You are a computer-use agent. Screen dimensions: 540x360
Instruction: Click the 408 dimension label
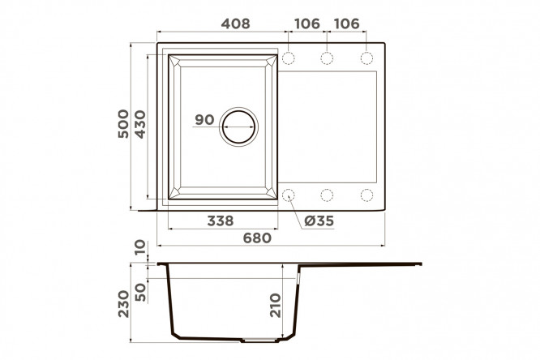(x=236, y=24)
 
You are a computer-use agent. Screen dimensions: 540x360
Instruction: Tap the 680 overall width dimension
(x=257, y=238)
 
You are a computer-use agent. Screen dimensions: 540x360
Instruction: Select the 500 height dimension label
(x=123, y=124)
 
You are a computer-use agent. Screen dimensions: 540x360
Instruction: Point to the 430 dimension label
(x=140, y=124)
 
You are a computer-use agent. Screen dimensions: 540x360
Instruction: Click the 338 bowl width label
(x=221, y=221)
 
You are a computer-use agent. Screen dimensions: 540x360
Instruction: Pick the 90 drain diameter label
(x=204, y=119)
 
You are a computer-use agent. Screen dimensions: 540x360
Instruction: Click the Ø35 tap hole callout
(x=319, y=221)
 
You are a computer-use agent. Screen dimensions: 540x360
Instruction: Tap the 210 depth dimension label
(x=276, y=305)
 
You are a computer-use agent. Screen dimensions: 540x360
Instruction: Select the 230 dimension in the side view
(x=123, y=304)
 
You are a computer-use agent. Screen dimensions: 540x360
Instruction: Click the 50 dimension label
(x=140, y=292)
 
